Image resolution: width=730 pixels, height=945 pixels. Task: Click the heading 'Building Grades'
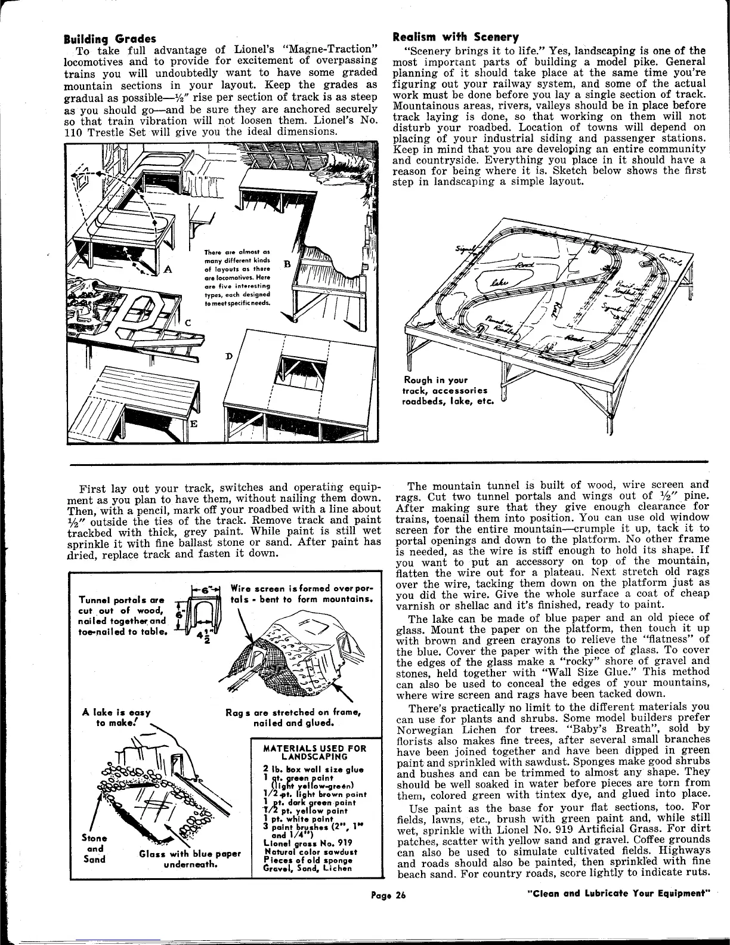[110, 39]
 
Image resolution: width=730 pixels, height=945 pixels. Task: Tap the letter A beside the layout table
[168, 269]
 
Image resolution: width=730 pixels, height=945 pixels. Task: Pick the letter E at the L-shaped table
[193, 423]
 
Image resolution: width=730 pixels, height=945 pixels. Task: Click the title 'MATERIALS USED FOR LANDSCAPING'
[314, 752]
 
